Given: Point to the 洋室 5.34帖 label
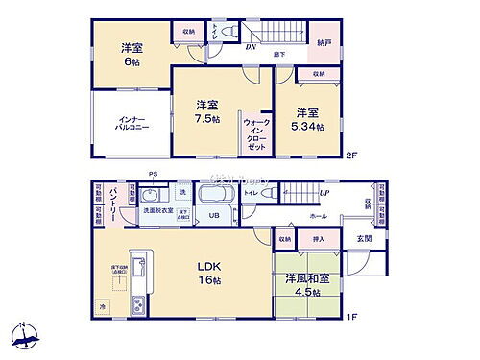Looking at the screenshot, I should pyautogui.click(x=306, y=118).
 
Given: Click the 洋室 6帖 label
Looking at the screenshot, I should pyautogui.click(x=131, y=56).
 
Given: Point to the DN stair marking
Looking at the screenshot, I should pyautogui.click(x=250, y=47).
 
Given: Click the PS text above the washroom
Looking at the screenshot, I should pyautogui.click(x=153, y=174).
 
